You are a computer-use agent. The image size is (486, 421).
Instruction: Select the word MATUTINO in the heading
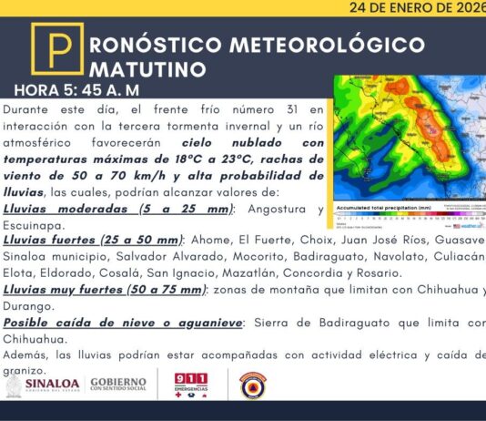pyautogui.click(x=147, y=69)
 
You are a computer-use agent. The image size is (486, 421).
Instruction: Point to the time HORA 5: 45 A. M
pyautogui.click(x=76, y=92)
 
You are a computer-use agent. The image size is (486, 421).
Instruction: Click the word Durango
pyautogui.click(x=30, y=305)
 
